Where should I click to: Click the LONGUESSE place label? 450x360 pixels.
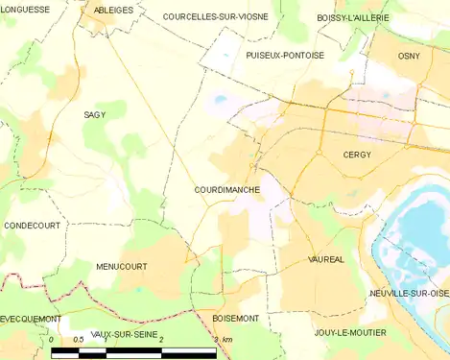pyautogui.click(x=26, y=9)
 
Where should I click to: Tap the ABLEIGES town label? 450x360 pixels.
pyautogui.click(x=114, y=10)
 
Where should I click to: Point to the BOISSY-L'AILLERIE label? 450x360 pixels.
pyautogui.click(x=353, y=18)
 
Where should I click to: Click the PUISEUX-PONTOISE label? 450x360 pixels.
pyautogui.click(x=284, y=56)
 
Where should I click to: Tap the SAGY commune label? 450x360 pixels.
pyautogui.click(x=95, y=114)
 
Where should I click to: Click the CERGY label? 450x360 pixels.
pyautogui.click(x=356, y=155)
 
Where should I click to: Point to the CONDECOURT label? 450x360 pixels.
pyautogui.click(x=32, y=226)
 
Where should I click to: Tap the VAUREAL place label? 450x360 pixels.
pyautogui.click(x=326, y=260)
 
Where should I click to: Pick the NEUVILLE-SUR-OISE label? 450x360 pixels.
pyautogui.click(x=409, y=293)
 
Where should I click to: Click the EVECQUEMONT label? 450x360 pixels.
pyautogui.click(x=31, y=318)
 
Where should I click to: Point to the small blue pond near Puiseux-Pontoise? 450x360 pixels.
pyautogui.click(x=220, y=98)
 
